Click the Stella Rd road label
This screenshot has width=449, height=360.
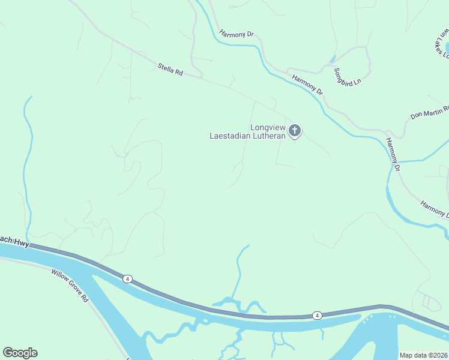pyautogui.click(x=170, y=70)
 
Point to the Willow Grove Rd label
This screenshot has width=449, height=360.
pyautogui.click(x=70, y=285)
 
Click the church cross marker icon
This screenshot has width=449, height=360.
pyautogui.click(x=295, y=130)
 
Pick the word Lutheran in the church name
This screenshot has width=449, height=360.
pyautogui.click(x=269, y=136)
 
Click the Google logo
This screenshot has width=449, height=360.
pyautogui.click(x=20, y=353)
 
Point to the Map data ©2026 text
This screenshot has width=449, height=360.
pyautogui.click(x=424, y=355)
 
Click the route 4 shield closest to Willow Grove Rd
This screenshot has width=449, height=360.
pyautogui.click(x=127, y=279)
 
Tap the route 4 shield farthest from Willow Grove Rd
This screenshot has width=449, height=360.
pyautogui.click(x=317, y=315)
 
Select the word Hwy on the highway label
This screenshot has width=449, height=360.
pyautogui.click(x=22, y=240)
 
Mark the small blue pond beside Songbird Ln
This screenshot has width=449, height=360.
pyautogui.click(x=332, y=59)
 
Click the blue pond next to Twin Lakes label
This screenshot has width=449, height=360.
pyautogui.click(x=447, y=47)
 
